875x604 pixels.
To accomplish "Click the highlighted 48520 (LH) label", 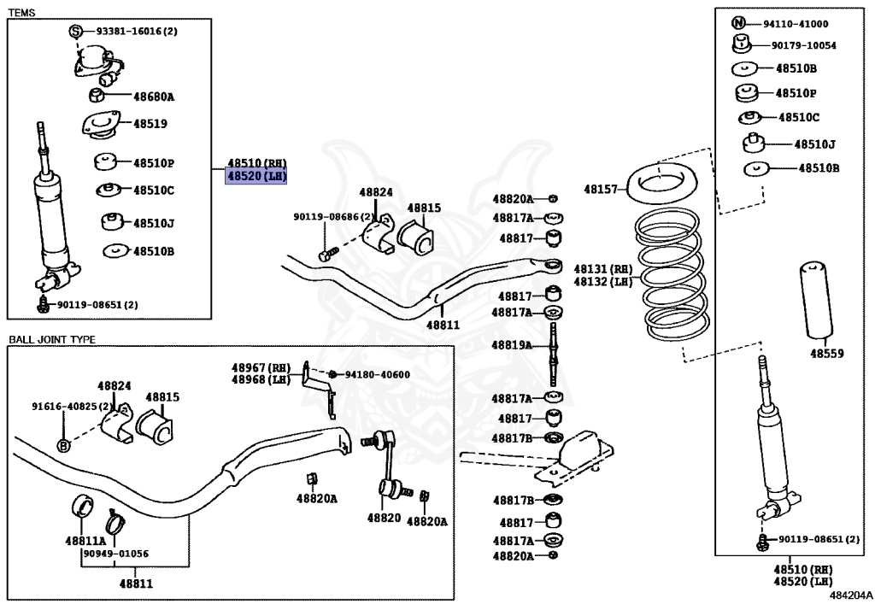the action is [255, 177].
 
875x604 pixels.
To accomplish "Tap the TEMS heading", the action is [21, 12].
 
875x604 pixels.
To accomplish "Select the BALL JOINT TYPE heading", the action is [51, 339].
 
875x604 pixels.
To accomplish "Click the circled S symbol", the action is [76, 32].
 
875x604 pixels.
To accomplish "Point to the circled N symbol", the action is [738, 23].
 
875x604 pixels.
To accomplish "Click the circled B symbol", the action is [63, 446].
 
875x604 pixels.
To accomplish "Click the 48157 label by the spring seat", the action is [601, 189].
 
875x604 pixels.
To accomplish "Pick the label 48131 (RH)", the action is [603, 269].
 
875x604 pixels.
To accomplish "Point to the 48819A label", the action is [512, 345].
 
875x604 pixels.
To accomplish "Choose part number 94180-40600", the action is [377, 375].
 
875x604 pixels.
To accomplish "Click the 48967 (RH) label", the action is [261, 368].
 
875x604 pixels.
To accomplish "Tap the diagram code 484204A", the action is [850, 595].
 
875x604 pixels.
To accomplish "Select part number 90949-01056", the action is [116, 554].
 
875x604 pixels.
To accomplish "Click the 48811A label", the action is [85, 541].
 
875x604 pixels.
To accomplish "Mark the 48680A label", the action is [154, 97].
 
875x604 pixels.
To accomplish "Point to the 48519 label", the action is [150, 124].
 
